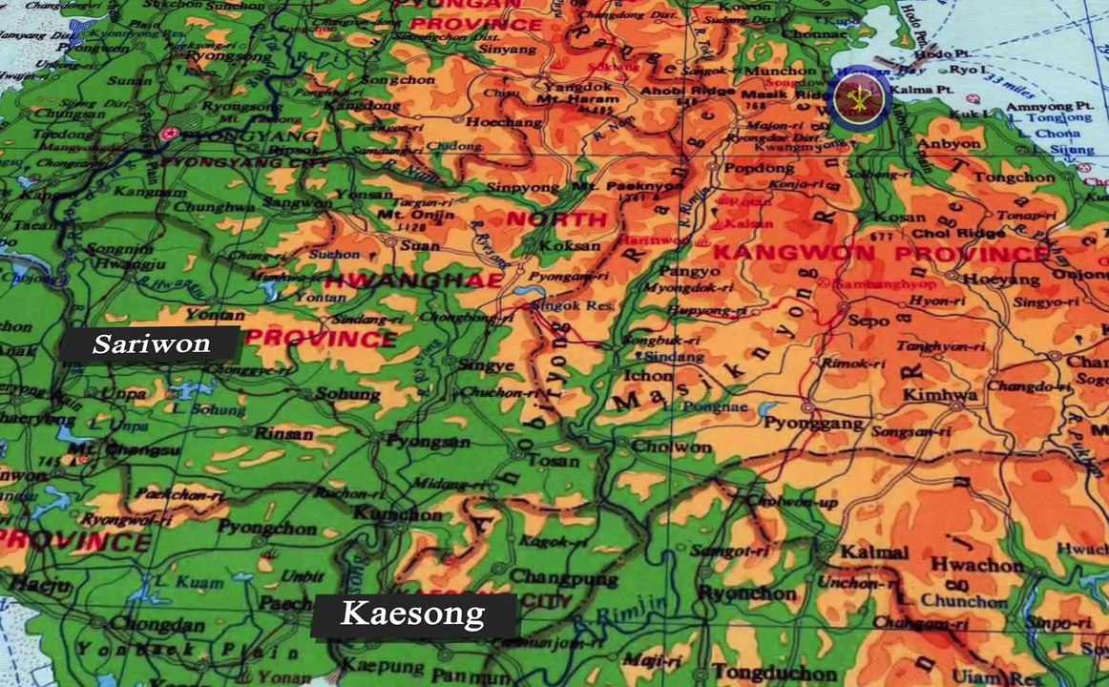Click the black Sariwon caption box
point(150,343)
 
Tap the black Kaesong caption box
point(414,614)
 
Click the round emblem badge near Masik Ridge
point(859,97)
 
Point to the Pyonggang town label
point(800,423)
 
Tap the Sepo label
point(868,321)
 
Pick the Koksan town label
point(569,245)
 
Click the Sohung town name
point(341,393)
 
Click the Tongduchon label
point(759,671)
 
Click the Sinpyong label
point(521,187)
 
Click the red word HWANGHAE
point(412,281)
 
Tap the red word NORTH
point(556,219)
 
